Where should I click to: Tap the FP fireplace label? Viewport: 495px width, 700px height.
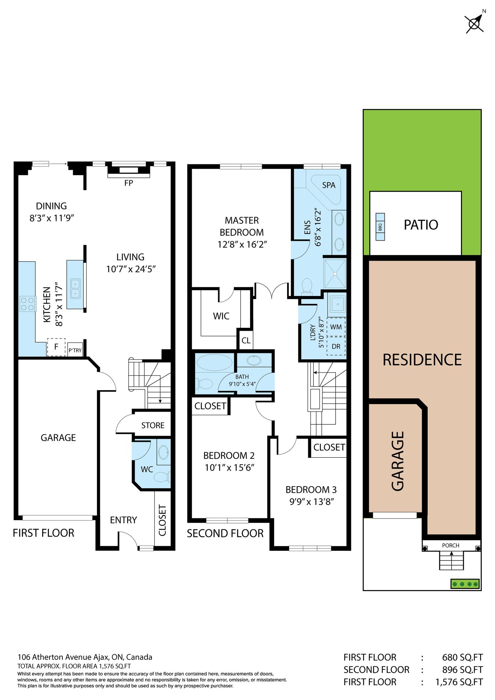click(x=128, y=183)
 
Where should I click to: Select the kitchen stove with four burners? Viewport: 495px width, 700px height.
click(x=28, y=304)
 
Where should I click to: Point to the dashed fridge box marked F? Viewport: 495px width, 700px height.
click(x=56, y=347)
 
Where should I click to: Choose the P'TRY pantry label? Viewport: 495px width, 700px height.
click(x=75, y=350)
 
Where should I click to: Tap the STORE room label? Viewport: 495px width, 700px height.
click(x=153, y=425)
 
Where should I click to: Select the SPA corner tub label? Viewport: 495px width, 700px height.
click(x=329, y=185)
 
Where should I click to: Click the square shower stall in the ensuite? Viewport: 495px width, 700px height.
click(x=335, y=273)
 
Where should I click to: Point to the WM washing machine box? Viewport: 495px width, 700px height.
click(x=336, y=327)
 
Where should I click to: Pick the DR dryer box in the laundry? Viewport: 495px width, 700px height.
click(x=336, y=346)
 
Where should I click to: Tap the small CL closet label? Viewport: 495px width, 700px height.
click(x=246, y=340)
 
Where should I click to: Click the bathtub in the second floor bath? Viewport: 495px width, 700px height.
click(x=214, y=363)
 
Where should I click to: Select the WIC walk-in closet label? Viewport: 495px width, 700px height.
click(x=221, y=316)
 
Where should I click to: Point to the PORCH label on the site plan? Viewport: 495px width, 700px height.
click(x=450, y=546)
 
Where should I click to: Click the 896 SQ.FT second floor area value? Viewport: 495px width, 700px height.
click(x=462, y=670)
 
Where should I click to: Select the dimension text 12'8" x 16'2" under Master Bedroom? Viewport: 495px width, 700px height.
click(x=242, y=245)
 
